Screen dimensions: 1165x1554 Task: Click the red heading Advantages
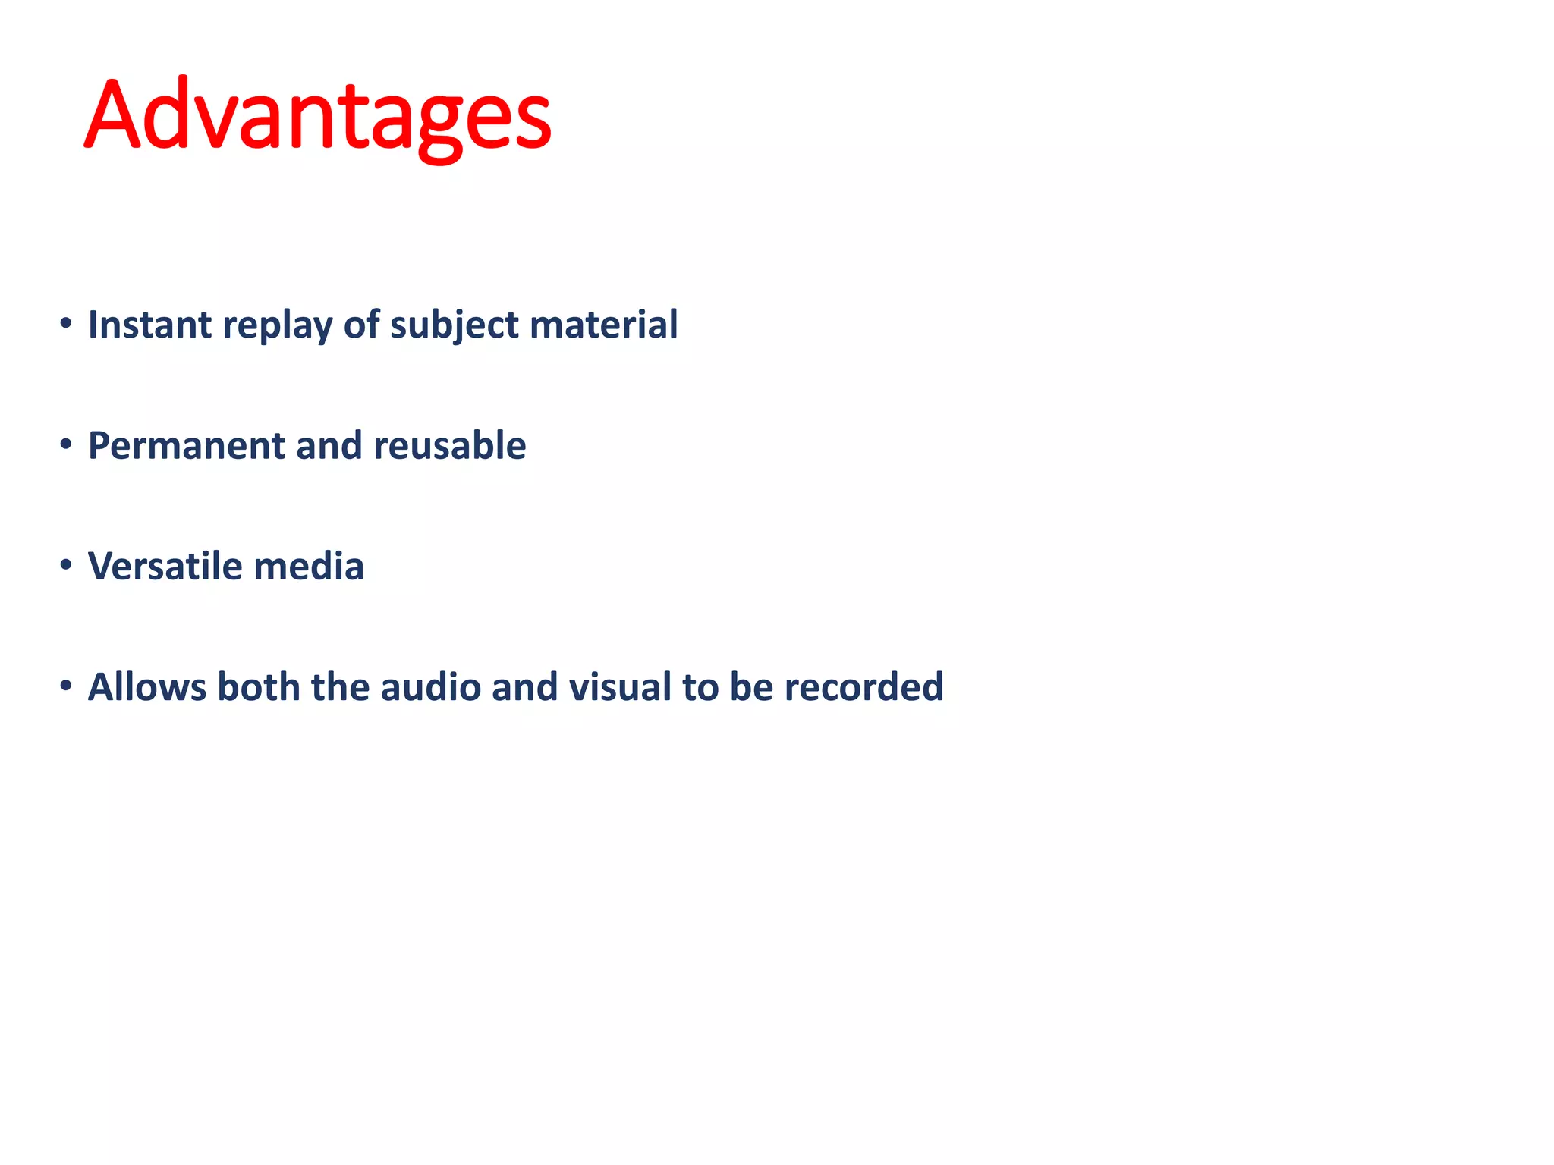(317, 115)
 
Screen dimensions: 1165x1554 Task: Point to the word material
(603, 325)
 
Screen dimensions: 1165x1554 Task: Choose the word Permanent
(186, 445)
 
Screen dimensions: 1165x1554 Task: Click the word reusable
(449, 445)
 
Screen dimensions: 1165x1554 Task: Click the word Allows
(146, 686)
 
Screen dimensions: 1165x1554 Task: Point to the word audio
(430, 686)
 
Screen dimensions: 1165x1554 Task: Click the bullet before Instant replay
(66, 324)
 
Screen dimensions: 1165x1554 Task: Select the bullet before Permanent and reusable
(66, 444)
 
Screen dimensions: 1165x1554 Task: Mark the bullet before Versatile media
(66, 565)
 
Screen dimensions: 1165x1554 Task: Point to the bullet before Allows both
(66, 686)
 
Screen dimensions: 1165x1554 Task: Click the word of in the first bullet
(361, 325)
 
